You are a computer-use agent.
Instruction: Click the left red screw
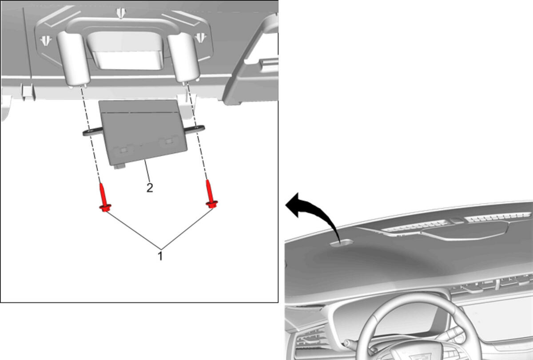pos(104,198)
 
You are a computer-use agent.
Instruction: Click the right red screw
pos(211,194)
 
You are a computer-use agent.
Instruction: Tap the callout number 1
pos(160,256)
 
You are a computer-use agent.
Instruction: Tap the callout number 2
pos(150,188)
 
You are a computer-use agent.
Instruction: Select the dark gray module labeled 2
pos(143,132)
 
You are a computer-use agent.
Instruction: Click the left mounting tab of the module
pos(93,131)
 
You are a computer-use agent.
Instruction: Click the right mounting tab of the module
pos(195,129)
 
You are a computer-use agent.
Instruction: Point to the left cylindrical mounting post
pos(73,58)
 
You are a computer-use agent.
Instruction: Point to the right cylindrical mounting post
pos(183,57)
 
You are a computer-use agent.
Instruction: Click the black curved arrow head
pos(294,205)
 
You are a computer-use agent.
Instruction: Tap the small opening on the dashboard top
pos(341,243)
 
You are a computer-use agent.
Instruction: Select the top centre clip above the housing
pos(121,12)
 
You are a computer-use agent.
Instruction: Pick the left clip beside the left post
pos(46,40)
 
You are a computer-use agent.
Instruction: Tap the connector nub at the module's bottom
pos(119,166)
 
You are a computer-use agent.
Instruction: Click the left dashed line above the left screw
pos(91,135)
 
